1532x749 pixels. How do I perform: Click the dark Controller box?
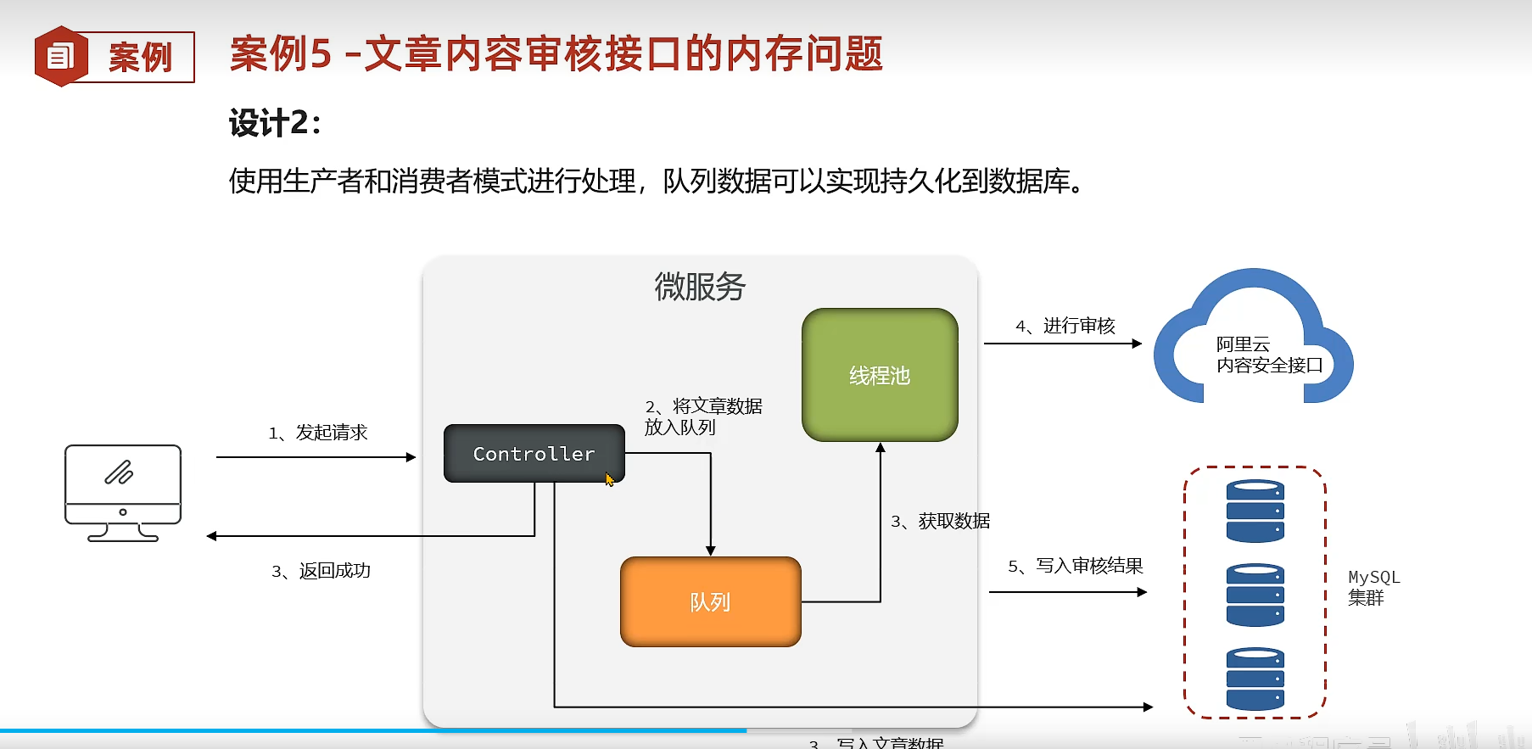click(534, 454)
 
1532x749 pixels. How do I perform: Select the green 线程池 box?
click(880, 375)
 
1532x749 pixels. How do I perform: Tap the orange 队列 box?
click(710, 601)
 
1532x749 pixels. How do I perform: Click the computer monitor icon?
click(123, 492)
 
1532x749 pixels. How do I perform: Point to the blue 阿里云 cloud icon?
click(1253, 339)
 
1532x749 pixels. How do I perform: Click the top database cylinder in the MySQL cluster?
click(1255, 511)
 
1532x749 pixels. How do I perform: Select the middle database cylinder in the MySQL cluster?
click(1255, 595)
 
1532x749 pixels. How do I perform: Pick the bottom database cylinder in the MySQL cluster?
click(1255, 679)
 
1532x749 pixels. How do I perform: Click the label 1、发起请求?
click(318, 433)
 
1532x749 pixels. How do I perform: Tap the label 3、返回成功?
click(321, 571)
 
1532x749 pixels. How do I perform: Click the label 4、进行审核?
click(1065, 326)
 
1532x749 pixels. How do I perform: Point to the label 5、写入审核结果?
click(1075, 566)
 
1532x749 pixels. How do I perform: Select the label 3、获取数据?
click(940, 521)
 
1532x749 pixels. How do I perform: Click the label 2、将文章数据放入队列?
click(702, 416)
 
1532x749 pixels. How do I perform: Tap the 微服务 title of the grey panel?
click(699, 287)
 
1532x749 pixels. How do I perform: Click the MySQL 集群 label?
click(1373, 587)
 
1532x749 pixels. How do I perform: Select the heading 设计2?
click(275, 123)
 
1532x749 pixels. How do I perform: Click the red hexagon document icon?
click(60, 57)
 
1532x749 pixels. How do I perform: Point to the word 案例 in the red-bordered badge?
click(140, 58)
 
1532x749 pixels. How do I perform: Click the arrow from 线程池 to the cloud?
click(1062, 344)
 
